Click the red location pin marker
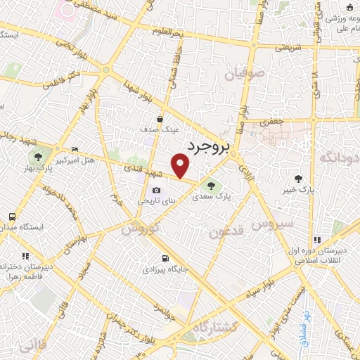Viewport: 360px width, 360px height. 181,166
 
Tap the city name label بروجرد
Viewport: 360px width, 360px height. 210,146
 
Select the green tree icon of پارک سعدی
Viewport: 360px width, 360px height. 211,185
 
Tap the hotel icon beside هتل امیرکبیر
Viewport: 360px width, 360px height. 75,149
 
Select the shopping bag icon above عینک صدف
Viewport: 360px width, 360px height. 161,120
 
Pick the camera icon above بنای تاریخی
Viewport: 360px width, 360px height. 156,190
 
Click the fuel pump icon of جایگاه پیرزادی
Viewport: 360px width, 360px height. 165,258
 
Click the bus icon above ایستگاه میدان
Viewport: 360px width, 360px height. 11,217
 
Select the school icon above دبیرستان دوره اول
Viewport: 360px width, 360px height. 318,239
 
